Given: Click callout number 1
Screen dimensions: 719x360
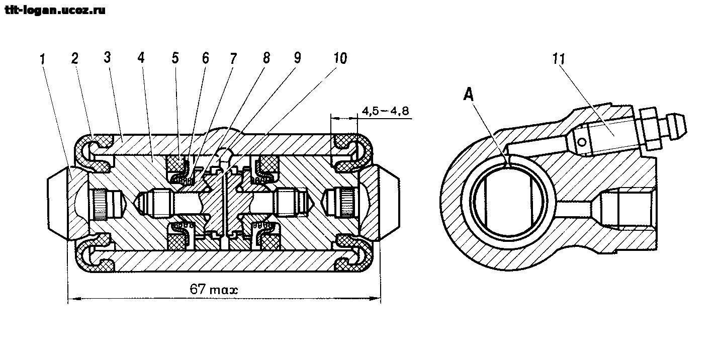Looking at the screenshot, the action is click(43, 60).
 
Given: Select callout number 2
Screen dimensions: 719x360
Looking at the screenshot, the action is click(75, 58).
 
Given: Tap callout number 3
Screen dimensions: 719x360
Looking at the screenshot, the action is click(107, 57).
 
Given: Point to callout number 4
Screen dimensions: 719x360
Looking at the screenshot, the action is click(141, 58).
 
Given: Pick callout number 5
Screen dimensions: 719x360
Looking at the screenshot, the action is click(175, 58).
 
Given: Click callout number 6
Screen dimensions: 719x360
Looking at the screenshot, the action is click(206, 58).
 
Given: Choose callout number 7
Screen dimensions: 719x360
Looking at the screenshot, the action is click(233, 58).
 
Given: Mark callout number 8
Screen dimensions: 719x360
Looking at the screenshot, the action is click(266, 58).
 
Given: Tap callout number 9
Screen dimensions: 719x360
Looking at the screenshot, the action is click(297, 58).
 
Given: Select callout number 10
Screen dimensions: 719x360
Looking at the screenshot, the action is click(340, 58).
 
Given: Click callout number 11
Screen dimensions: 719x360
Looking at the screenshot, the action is click(559, 59).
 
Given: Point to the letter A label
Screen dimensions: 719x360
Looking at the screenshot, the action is click(468, 95).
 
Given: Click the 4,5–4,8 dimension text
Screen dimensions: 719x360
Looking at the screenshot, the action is click(386, 111).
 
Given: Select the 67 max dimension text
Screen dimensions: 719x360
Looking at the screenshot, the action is click(214, 290).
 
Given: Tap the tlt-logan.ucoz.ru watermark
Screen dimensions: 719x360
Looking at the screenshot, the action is click(55, 11).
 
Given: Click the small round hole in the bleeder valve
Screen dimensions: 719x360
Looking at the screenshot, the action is click(581, 142).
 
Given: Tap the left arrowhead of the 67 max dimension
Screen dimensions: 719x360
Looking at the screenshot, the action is click(74, 298).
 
